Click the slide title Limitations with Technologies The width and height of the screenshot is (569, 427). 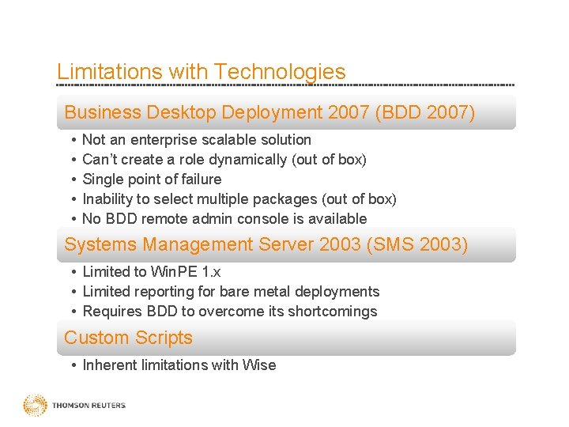click(201, 72)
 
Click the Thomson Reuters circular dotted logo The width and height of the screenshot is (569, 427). click(35, 406)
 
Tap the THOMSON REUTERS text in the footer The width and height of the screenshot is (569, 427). click(89, 406)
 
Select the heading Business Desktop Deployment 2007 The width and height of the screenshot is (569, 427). click(217, 113)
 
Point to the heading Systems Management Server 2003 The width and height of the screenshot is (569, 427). click(213, 245)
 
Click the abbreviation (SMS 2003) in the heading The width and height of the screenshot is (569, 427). click(417, 245)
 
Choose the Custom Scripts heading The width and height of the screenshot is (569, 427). click(128, 338)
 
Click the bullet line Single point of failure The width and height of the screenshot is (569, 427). click(152, 179)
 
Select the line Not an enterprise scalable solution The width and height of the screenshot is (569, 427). click(197, 140)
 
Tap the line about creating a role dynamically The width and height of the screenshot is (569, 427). click(224, 160)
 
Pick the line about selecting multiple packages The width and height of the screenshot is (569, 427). click(239, 199)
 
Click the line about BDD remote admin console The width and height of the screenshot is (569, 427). click(224, 219)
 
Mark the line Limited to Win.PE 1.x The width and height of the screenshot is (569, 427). click(152, 272)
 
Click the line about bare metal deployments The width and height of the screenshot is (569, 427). click(231, 292)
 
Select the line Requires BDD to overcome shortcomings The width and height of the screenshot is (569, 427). click(230, 312)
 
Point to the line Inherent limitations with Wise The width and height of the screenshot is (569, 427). click(179, 365)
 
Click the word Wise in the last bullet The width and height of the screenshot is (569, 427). click(260, 365)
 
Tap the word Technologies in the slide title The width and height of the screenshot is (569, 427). click(280, 72)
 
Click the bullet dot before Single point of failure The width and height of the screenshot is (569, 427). click(73, 179)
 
